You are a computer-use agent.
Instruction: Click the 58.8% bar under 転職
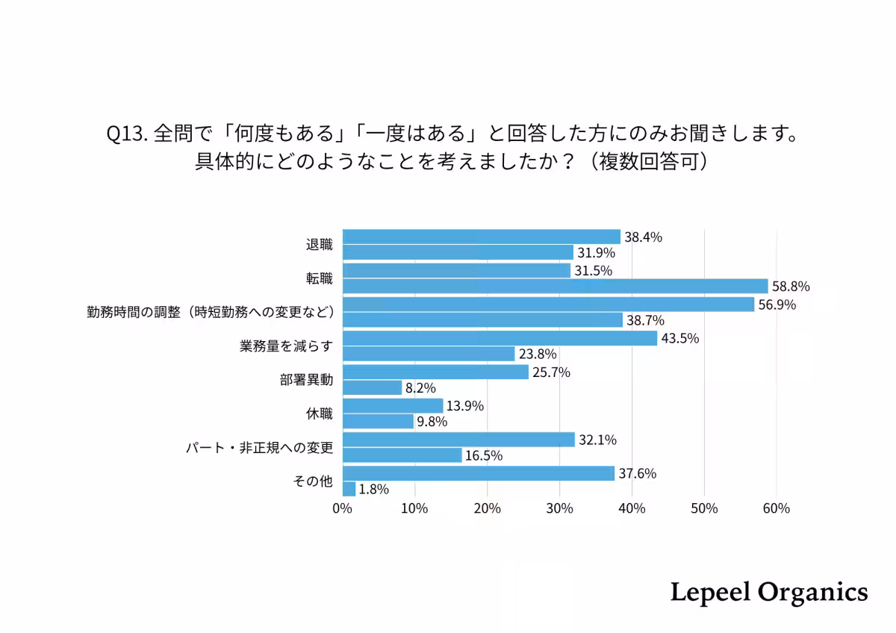click(x=555, y=286)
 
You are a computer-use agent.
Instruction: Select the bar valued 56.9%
click(x=548, y=305)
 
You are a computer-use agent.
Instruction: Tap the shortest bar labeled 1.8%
click(x=349, y=489)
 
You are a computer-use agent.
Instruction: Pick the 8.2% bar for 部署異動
click(x=372, y=387)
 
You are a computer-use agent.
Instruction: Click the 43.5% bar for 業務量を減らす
click(x=500, y=338)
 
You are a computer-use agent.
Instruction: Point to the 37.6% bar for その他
click(x=478, y=473)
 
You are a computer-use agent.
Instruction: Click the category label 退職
click(x=319, y=245)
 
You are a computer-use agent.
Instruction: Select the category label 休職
click(x=319, y=414)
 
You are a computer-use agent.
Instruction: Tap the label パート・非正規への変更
click(x=259, y=448)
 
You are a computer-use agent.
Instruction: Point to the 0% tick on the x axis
click(x=342, y=508)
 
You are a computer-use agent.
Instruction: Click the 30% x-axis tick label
click(x=559, y=508)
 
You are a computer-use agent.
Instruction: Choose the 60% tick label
click(x=777, y=508)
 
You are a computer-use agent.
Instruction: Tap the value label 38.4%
click(x=644, y=237)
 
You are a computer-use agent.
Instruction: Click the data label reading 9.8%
click(x=432, y=422)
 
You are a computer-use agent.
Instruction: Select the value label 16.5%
click(x=484, y=455)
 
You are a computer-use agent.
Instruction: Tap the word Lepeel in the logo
click(x=709, y=592)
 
